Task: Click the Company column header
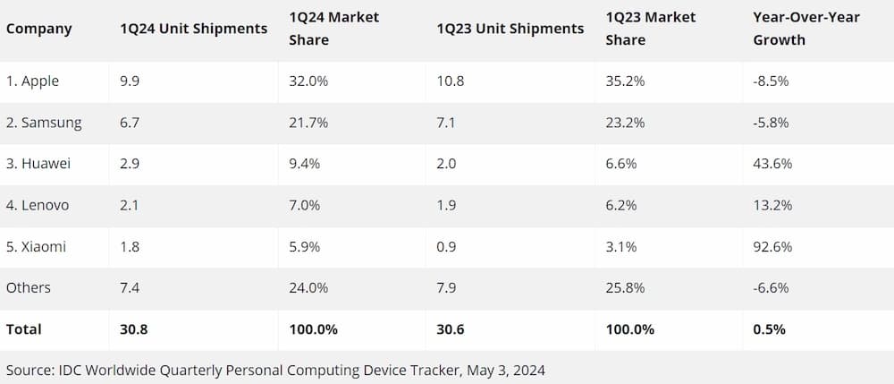(39, 29)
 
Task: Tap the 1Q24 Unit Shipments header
(193, 29)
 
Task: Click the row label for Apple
(33, 81)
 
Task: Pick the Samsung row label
(44, 123)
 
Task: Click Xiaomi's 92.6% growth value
(773, 246)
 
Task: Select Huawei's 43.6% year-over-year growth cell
(773, 164)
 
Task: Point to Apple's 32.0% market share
(308, 81)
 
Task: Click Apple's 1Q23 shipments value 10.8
(451, 81)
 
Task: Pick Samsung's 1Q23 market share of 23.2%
(625, 123)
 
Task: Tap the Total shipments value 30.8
(133, 329)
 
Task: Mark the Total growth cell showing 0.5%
(770, 329)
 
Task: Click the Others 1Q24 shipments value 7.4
(130, 287)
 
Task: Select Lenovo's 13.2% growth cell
(773, 205)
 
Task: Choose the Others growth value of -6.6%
(772, 287)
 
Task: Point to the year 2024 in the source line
(528, 370)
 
